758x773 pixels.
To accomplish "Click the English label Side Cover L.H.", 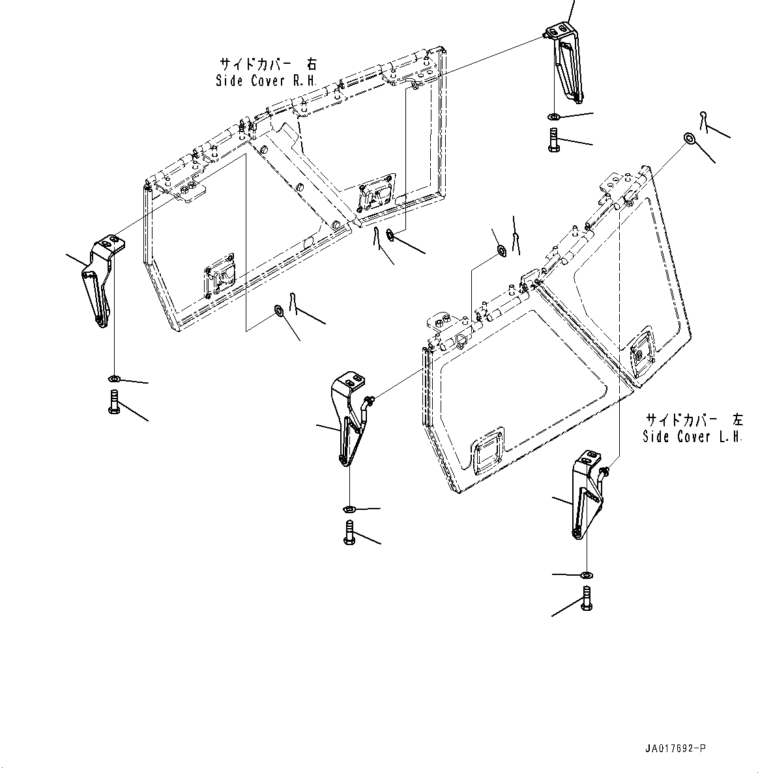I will (x=692, y=437).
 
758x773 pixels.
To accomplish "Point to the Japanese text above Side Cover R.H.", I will (x=267, y=64).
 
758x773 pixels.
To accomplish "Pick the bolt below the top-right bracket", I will (x=553, y=139).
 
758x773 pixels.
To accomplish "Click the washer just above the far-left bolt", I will (x=113, y=379).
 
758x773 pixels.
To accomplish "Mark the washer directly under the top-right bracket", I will (x=553, y=117).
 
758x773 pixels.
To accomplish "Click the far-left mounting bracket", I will (x=101, y=281).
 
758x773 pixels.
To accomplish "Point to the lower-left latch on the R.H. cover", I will (x=219, y=281).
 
